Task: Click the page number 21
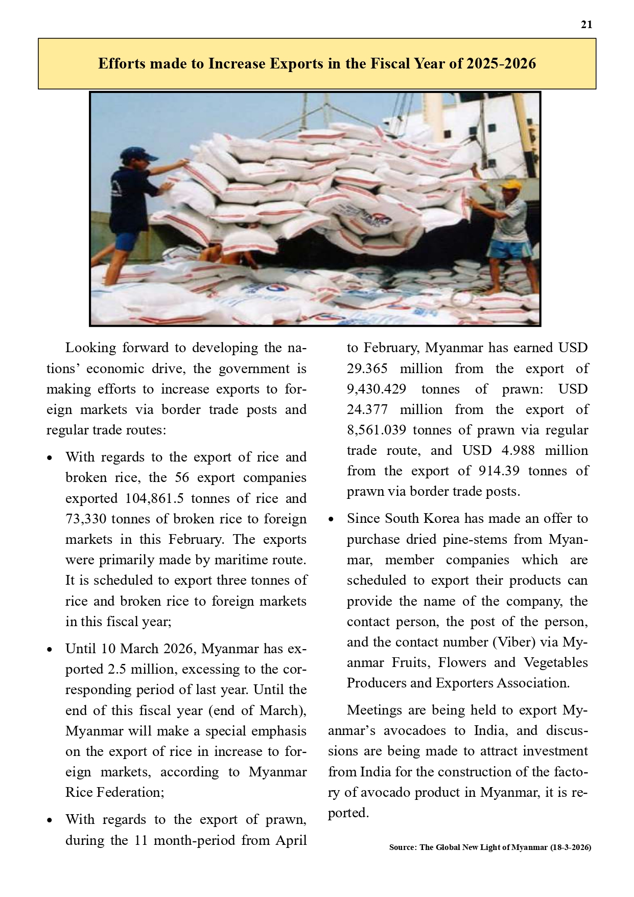click(586, 25)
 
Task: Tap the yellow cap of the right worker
click(509, 185)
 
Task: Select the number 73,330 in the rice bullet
click(86, 519)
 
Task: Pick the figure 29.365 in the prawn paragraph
click(367, 369)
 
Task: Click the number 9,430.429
click(377, 389)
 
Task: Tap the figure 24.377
click(367, 409)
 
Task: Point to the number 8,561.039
click(377, 430)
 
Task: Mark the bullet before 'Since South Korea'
click(331, 519)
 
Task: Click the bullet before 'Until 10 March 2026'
click(50, 650)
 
